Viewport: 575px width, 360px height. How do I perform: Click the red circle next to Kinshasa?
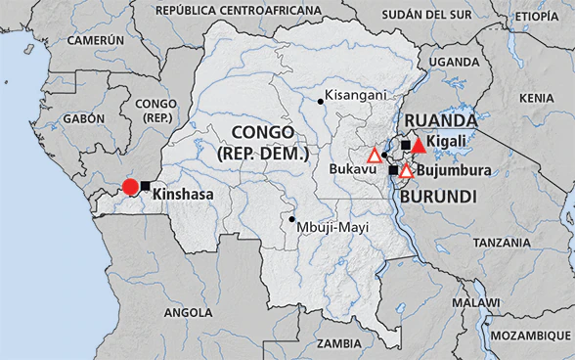(x=129, y=187)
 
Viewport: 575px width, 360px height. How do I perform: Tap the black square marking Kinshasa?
(x=146, y=186)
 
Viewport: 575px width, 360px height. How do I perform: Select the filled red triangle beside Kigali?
(x=419, y=146)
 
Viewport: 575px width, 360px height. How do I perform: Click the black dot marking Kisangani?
(x=321, y=100)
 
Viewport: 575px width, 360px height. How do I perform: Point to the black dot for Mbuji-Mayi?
(x=291, y=219)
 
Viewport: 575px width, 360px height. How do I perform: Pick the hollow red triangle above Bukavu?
(x=374, y=155)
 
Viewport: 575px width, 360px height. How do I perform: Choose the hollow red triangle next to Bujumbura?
(x=406, y=170)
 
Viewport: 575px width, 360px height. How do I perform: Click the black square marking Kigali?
(x=406, y=145)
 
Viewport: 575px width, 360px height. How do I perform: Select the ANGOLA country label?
(x=187, y=312)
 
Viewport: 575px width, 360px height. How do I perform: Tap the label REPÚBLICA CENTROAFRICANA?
(x=238, y=12)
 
